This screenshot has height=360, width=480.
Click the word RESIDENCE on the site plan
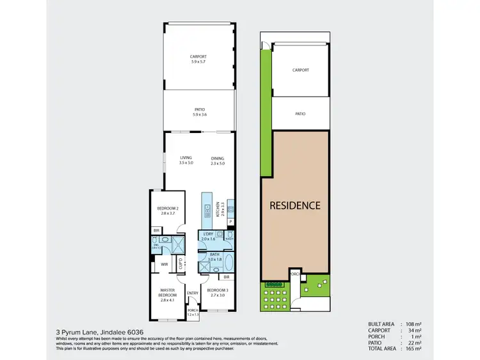(294, 205)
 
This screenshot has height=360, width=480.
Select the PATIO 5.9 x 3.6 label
(200, 112)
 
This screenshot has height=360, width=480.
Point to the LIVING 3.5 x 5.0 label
(186, 160)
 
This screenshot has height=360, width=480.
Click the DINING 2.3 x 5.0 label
(218, 160)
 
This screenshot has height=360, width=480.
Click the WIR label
(164, 264)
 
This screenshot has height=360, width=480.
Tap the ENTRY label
(193, 293)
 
